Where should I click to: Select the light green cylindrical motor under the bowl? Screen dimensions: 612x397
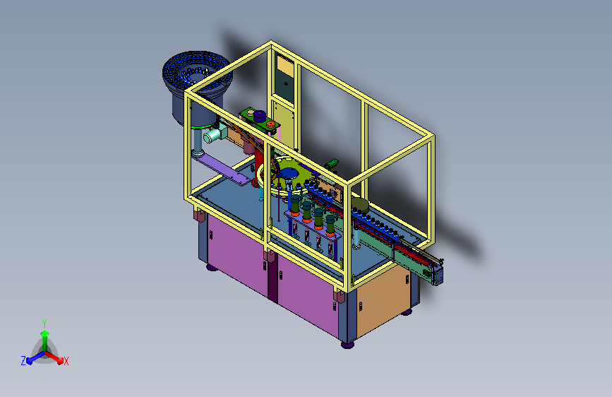212,135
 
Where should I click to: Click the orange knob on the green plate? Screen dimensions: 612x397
270,124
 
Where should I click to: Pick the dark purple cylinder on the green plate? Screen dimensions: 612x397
260,116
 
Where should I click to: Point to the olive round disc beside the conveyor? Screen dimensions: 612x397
360,205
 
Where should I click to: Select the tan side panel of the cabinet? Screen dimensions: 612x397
383,297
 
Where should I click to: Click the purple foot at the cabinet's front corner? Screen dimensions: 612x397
347,345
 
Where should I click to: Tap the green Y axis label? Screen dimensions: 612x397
44,323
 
